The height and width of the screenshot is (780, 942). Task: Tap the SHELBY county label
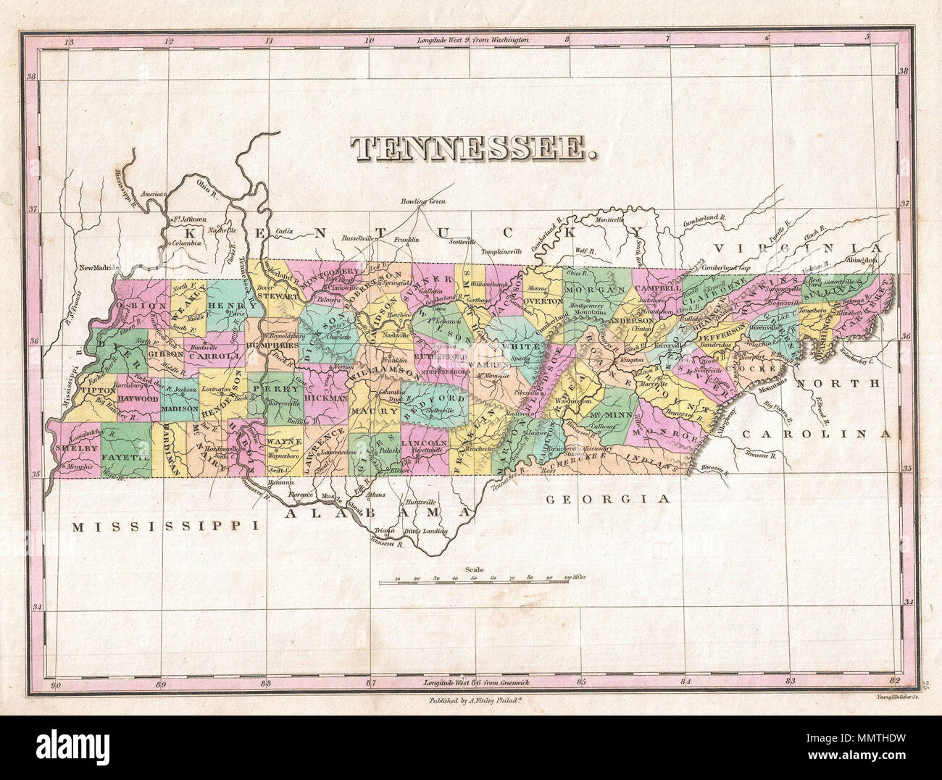[75, 448]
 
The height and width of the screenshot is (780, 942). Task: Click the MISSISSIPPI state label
[165, 527]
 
